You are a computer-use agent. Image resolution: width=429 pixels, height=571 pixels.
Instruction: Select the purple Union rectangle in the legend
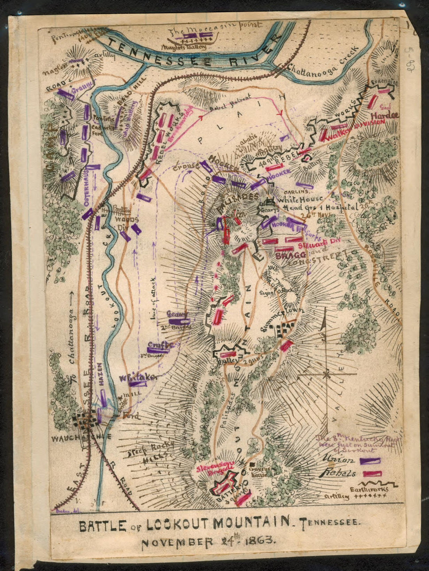click(x=370, y=461)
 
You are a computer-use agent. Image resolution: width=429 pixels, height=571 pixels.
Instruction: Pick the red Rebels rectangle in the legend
click(x=372, y=473)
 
